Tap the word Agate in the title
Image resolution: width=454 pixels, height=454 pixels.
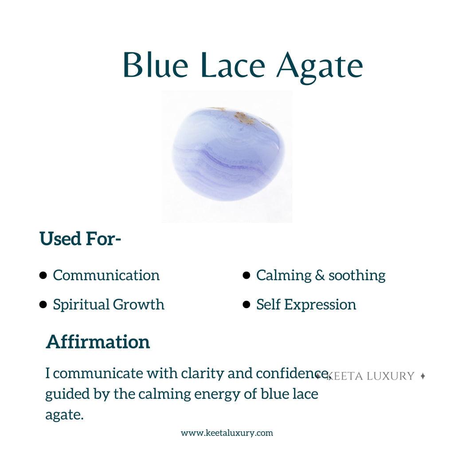[320, 67]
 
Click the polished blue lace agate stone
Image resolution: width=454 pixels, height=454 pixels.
[228, 154]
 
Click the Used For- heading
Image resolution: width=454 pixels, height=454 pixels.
[80, 239]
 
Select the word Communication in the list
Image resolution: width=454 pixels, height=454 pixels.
[106, 275]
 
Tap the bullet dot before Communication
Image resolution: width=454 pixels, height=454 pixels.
[43, 275]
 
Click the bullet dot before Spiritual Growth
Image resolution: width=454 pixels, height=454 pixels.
[43, 305]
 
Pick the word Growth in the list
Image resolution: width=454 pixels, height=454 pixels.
[138, 304]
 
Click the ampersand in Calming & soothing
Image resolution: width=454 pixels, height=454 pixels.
[320, 275]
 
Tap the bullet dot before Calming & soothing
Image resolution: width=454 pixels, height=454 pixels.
[246, 275]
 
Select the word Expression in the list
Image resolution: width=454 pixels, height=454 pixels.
[320, 305]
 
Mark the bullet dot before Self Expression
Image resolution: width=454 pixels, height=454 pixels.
[246, 305]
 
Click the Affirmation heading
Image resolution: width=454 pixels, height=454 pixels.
[98, 342]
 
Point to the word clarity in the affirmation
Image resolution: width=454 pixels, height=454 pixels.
[202, 373]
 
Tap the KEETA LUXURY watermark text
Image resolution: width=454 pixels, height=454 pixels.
[370, 376]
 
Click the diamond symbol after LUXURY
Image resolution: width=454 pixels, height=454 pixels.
[423, 376]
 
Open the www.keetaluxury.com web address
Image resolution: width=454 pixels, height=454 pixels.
[227, 433]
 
